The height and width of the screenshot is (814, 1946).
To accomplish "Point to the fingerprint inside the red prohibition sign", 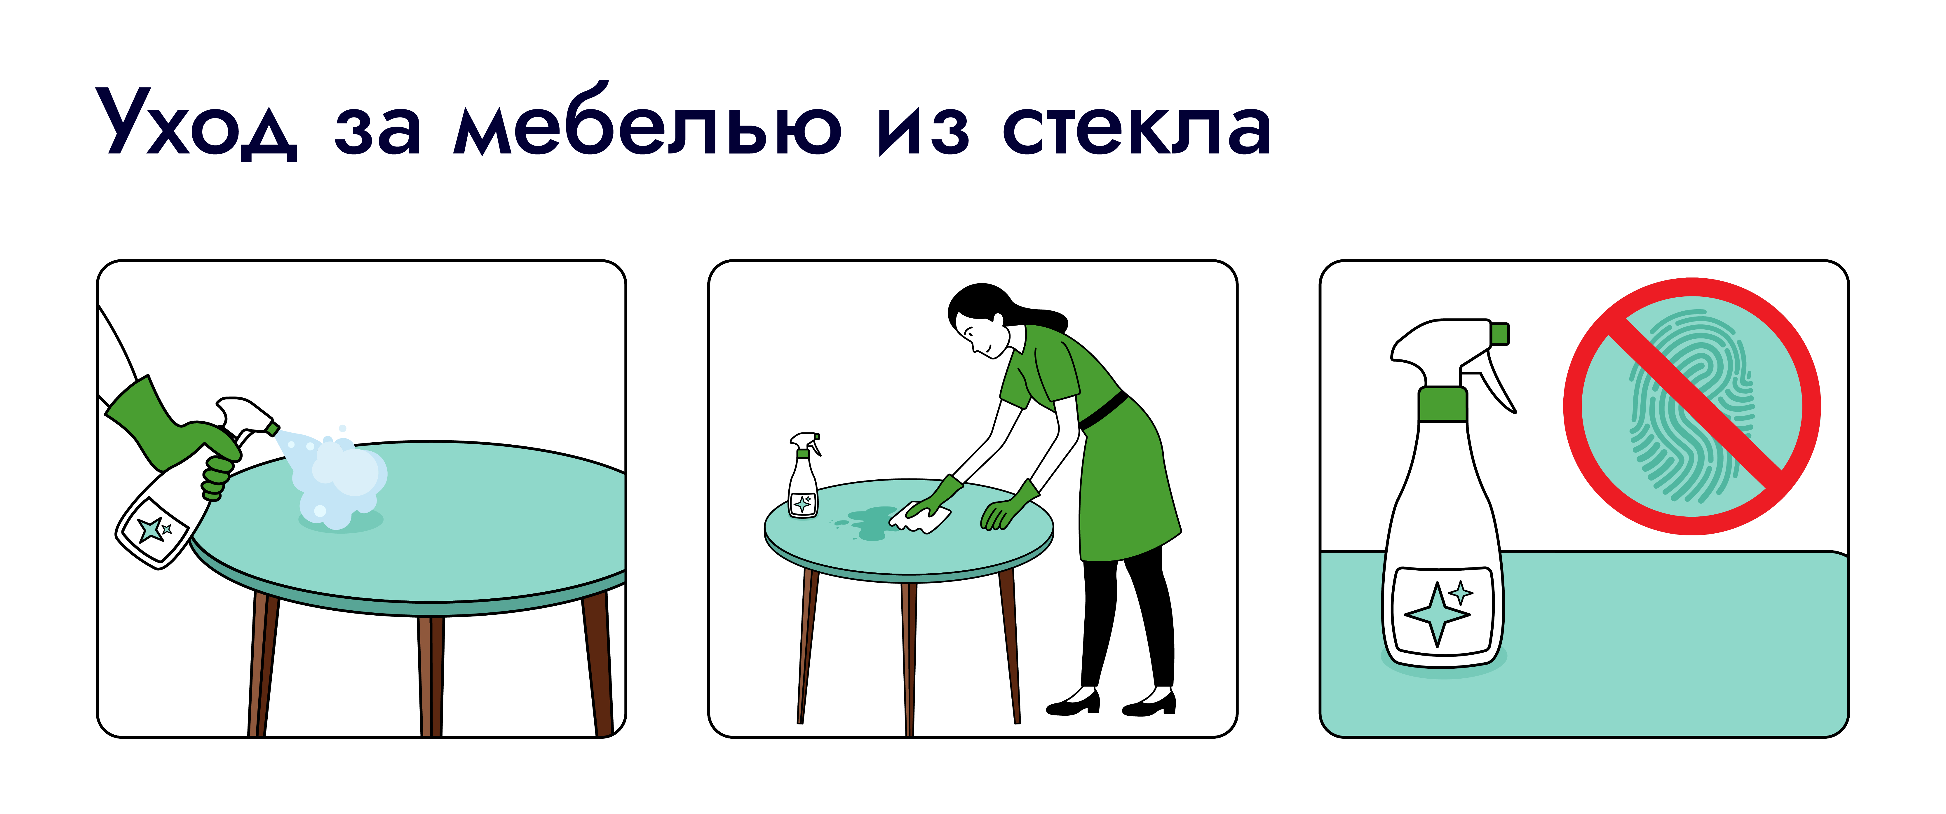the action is pyautogui.click(x=1691, y=406).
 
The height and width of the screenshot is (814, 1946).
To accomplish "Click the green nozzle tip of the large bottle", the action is pyautogui.click(x=1499, y=334).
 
